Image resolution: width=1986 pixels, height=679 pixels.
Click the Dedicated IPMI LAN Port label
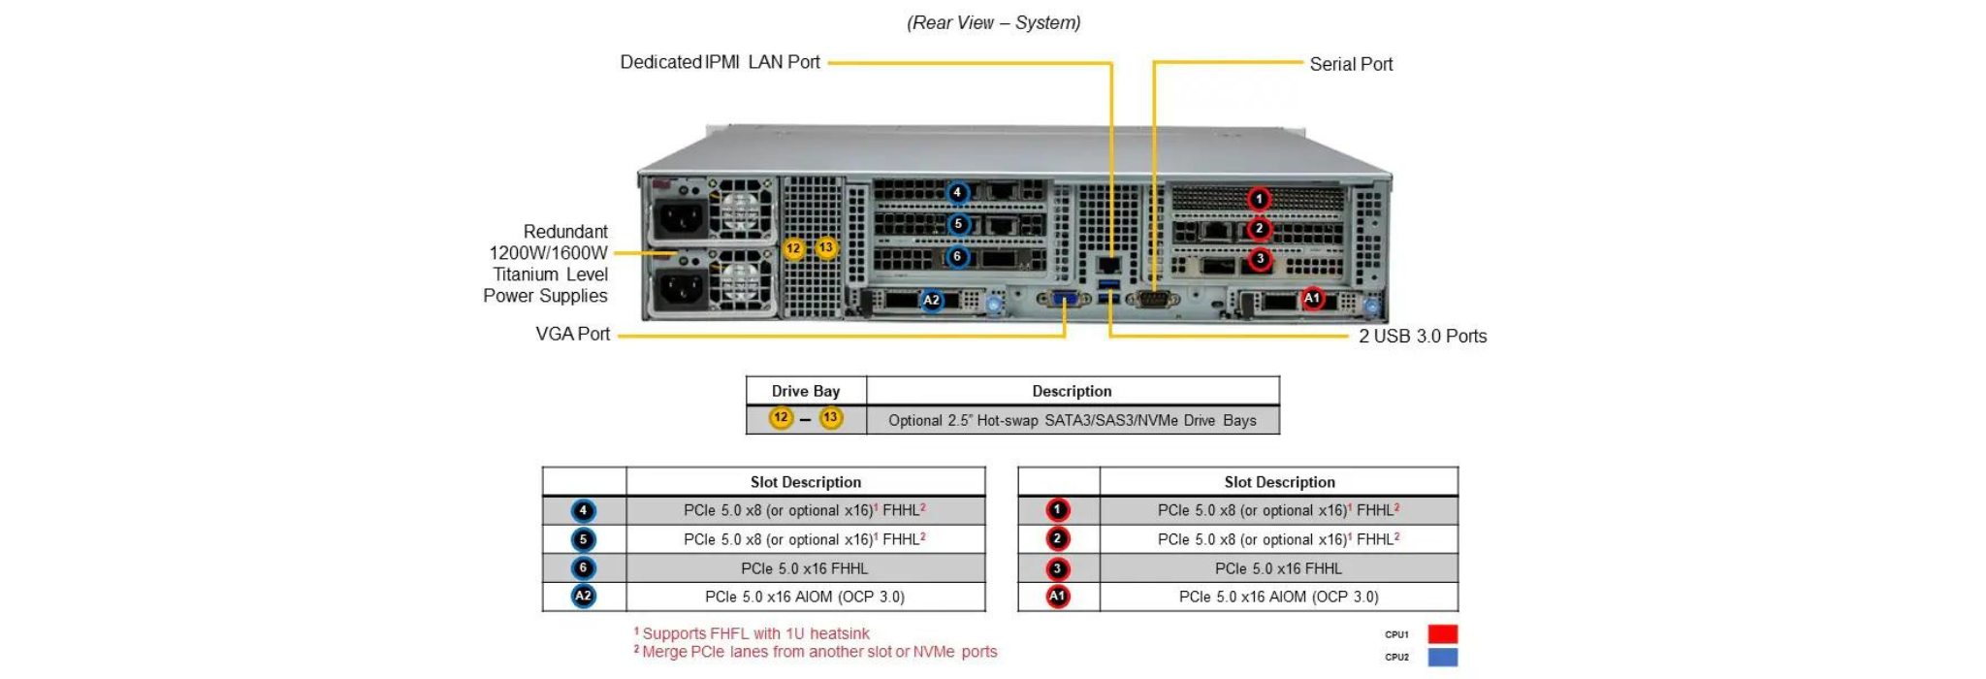pos(720,62)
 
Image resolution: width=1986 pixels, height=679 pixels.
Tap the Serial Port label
pos(1350,64)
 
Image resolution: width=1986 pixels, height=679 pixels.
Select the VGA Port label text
pos(572,334)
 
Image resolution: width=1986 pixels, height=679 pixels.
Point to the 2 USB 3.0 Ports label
pos(1422,336)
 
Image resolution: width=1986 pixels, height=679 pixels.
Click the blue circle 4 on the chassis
pos(957,192)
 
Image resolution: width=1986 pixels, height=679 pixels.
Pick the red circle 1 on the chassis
pos(1259,199)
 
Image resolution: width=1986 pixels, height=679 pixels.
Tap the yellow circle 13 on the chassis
pos(826,247)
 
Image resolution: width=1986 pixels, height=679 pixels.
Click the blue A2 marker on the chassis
pos(931,300)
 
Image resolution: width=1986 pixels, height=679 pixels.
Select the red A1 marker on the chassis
pos(1312,298)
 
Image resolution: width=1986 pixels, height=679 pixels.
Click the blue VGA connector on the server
pos(1063,300)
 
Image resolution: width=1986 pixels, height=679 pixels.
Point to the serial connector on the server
pos(1153,300)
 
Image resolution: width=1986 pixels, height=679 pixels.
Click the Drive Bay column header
pos(805,391)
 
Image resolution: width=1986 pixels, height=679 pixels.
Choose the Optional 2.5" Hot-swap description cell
pos(1072,420)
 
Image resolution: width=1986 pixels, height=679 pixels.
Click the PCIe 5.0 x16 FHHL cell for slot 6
pos(804,568)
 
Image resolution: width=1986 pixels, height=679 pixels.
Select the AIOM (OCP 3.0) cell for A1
pos(1278,597)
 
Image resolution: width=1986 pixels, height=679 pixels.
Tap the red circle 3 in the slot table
pos(1057,568)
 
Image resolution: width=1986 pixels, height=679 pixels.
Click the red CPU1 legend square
pos(1442,634)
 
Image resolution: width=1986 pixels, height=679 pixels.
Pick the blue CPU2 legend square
pos(1442,657)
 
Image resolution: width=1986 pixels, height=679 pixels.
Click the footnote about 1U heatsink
pos(753,633)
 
